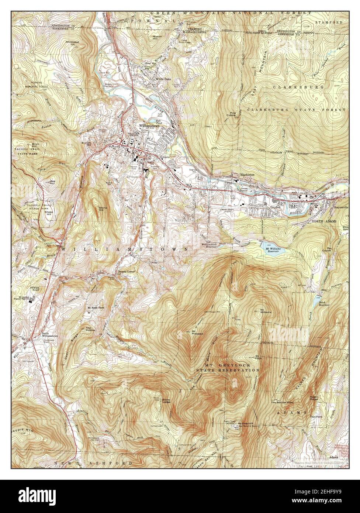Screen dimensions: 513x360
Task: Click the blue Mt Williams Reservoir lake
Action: click(x=273, y=246)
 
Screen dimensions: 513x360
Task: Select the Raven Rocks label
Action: click(x=316, y=398)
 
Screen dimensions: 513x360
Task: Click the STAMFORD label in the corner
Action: click(x=329, y=23)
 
